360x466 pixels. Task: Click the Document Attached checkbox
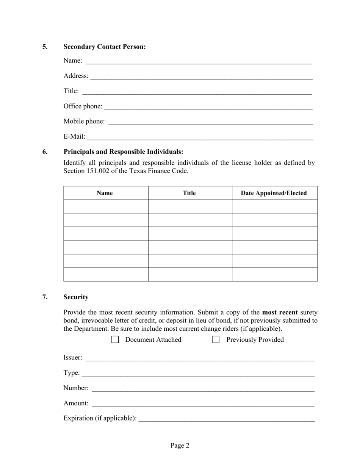click(x=115, y=339)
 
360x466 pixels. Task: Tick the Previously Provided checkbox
click(x=216, y=339)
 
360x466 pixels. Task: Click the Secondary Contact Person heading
click(x=105, y=47)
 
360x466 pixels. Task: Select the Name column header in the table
click(x=105, y=193)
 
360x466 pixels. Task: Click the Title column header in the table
click(x=189, y=193)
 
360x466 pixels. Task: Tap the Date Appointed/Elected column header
click(x=274, y=193)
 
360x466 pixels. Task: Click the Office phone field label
click(x=83, y=106)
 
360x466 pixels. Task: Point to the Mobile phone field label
click(x=84, y=121)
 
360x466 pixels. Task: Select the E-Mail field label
click(x=74, y=136)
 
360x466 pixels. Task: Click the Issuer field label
click(x=73, y=357)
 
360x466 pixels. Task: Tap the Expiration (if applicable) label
click(x=100, y=418)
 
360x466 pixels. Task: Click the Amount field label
click(x=76, y=403)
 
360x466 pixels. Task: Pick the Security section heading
click(x=76, y=297)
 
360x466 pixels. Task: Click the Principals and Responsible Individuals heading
click(x=124, y=152)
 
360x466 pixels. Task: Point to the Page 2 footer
click(x=180, y=446)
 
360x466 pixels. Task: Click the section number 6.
click(x=45, y=152)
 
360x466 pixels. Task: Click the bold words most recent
click(x=280, y=313)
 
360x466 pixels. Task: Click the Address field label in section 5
click(x=76, y=76)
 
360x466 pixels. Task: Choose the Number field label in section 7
click(x=76, y=388)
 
